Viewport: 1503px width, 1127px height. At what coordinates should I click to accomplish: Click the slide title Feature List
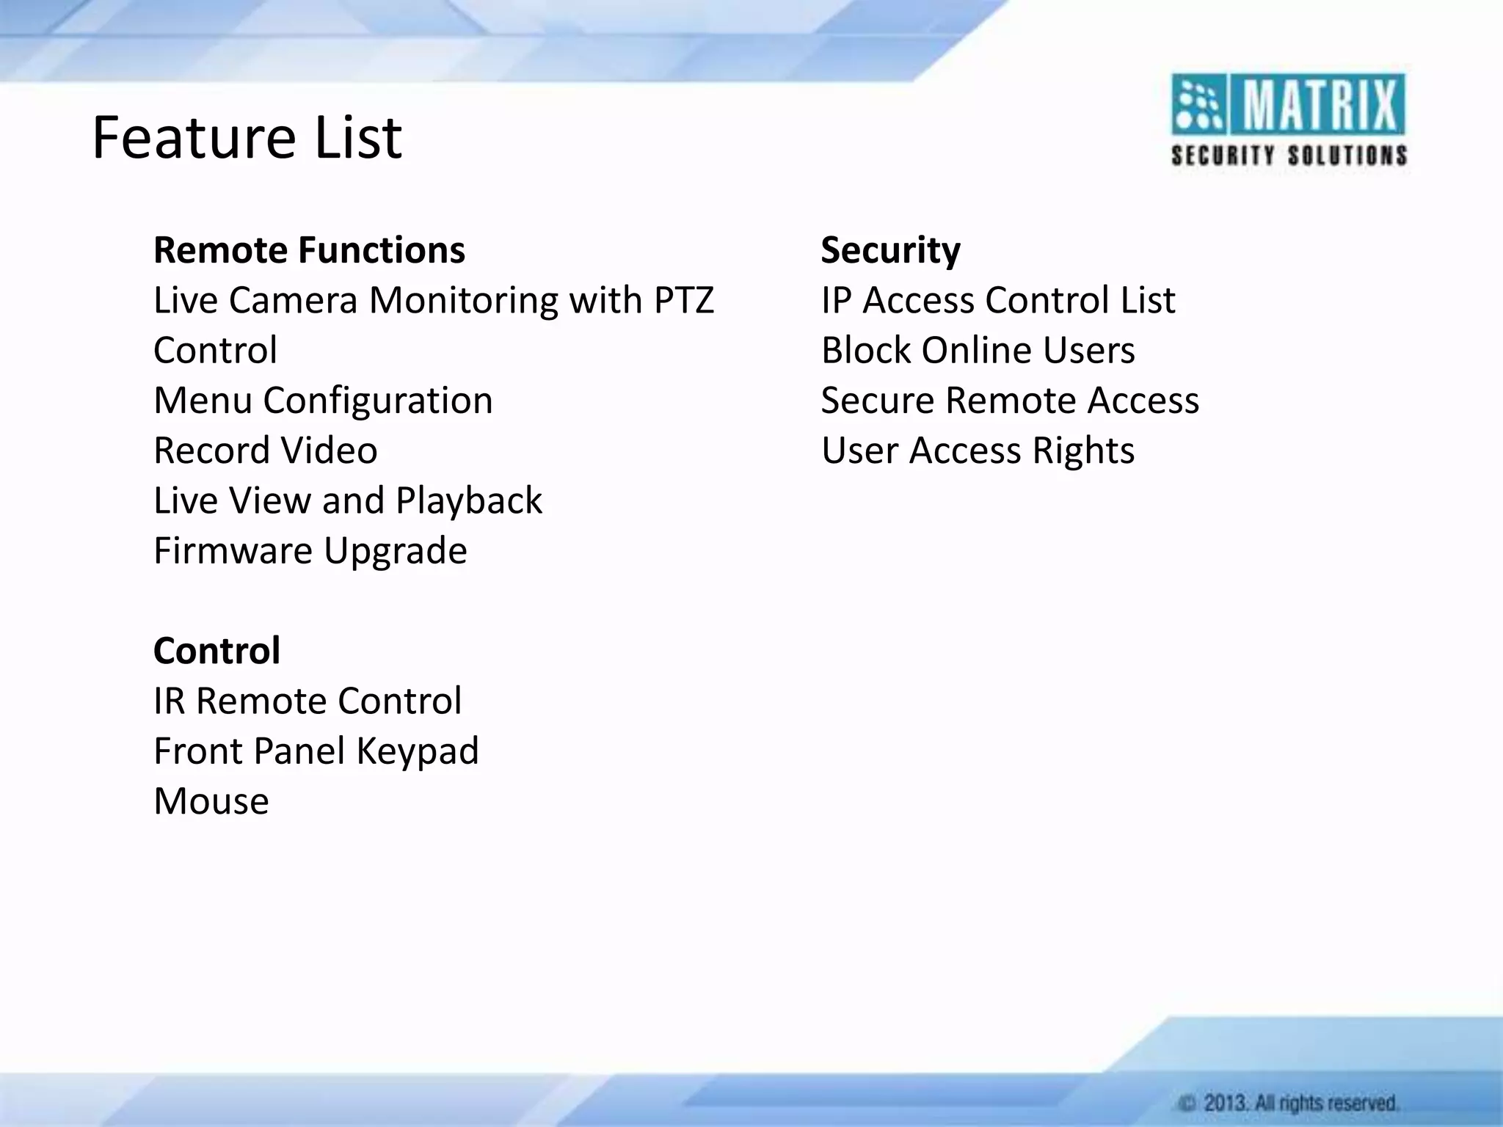click(247, 138)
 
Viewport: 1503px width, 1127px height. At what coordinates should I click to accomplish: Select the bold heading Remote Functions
click(309, 250)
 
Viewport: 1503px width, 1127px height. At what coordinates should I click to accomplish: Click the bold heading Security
click(890, 250)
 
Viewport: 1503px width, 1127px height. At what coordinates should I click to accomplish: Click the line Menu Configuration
click(323, 401)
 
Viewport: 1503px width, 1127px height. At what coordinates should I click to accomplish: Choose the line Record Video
click(265, 451)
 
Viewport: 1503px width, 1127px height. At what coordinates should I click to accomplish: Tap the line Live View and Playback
click(347, 500)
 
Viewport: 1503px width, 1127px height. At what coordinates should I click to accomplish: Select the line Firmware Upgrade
click(310, 550)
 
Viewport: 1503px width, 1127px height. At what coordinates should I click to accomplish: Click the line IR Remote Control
click(307, 701)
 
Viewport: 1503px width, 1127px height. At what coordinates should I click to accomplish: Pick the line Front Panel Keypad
click(316, 751)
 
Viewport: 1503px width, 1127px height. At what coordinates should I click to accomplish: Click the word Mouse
click(211, 800)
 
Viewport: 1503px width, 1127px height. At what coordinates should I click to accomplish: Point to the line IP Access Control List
click(998, 300)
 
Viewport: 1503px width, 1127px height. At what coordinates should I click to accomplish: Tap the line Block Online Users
click(978, 350)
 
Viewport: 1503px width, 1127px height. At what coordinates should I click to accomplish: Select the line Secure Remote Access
click(1010, 401)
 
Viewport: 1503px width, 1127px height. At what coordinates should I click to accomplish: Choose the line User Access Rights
click(978, 451)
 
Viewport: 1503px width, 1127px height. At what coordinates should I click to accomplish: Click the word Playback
click(469, 500)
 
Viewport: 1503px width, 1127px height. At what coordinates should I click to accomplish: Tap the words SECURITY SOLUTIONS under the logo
click(1289, 156)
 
